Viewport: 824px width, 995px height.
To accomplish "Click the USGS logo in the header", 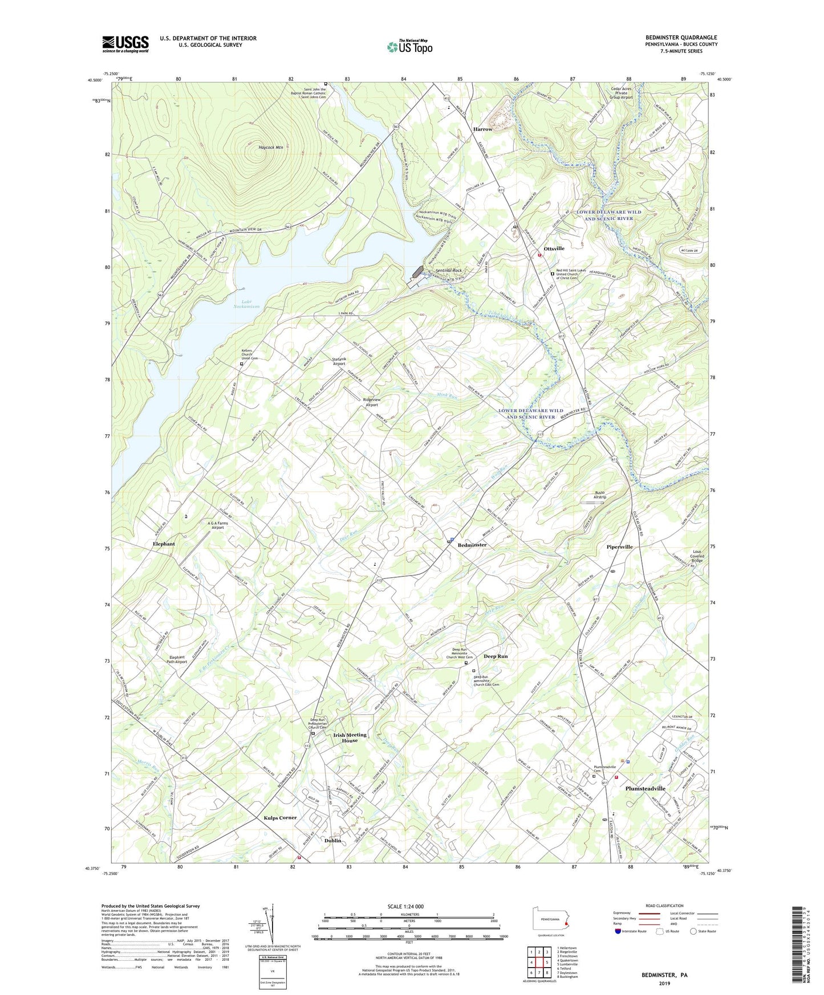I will point(125,44).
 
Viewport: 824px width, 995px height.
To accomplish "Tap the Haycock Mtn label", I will point(271,148).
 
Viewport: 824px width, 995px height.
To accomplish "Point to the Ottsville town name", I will point(554,249).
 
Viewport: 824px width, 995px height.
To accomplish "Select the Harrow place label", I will point(482,129).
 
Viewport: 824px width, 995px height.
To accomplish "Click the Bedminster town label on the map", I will point(472,545).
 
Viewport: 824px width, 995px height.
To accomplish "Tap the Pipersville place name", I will point(619,547).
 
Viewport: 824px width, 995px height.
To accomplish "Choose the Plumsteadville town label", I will point(645,789).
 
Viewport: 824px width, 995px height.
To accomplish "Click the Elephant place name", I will point(164,544).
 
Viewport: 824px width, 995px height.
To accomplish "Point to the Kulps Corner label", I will point(280,818).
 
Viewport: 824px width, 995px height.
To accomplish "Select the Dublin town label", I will point(332,841).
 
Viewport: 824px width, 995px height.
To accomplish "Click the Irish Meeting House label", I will point(350,737).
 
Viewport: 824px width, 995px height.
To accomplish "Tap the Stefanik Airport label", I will point(339,361).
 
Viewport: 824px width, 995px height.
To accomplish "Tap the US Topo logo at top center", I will point(409,47).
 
